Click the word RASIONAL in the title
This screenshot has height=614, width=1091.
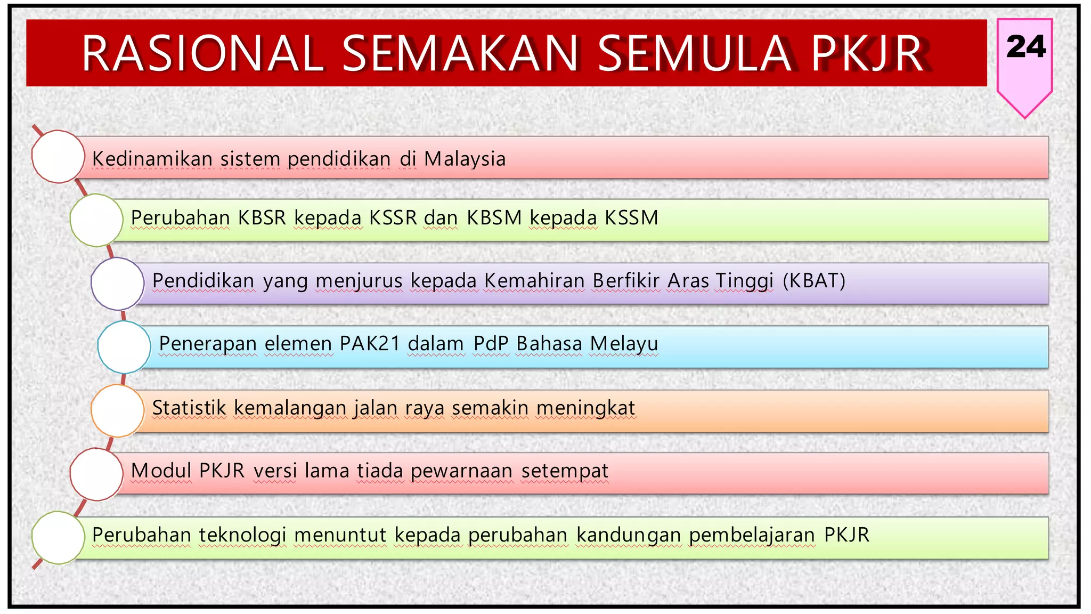[x=202, y=53]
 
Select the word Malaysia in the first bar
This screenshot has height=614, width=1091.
[x=465, y=159]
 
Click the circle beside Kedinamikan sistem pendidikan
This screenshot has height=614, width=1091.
[x=58, y=157]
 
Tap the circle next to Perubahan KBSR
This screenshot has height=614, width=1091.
[x=96, y=220]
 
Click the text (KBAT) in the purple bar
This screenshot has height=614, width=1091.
[x=813, y=281]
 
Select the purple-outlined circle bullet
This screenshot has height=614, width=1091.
[x=118, y=284]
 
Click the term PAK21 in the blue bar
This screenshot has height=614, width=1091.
[x=370, y=344]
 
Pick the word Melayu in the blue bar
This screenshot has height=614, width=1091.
[x=624, y=344]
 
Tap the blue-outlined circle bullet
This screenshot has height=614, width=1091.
[x=124, y=347]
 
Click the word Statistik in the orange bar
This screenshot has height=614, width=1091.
[x=189, y=408]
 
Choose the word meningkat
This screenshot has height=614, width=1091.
[x=585, y=408]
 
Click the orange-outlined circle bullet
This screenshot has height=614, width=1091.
[x=118, y=411]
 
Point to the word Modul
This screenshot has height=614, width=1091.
[x=161, y=471]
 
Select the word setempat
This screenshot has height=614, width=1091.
[x=564, y=471]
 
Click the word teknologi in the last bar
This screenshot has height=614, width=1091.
[x=242, y=535]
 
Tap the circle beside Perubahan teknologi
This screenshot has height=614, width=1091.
[x=58, y=538]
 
